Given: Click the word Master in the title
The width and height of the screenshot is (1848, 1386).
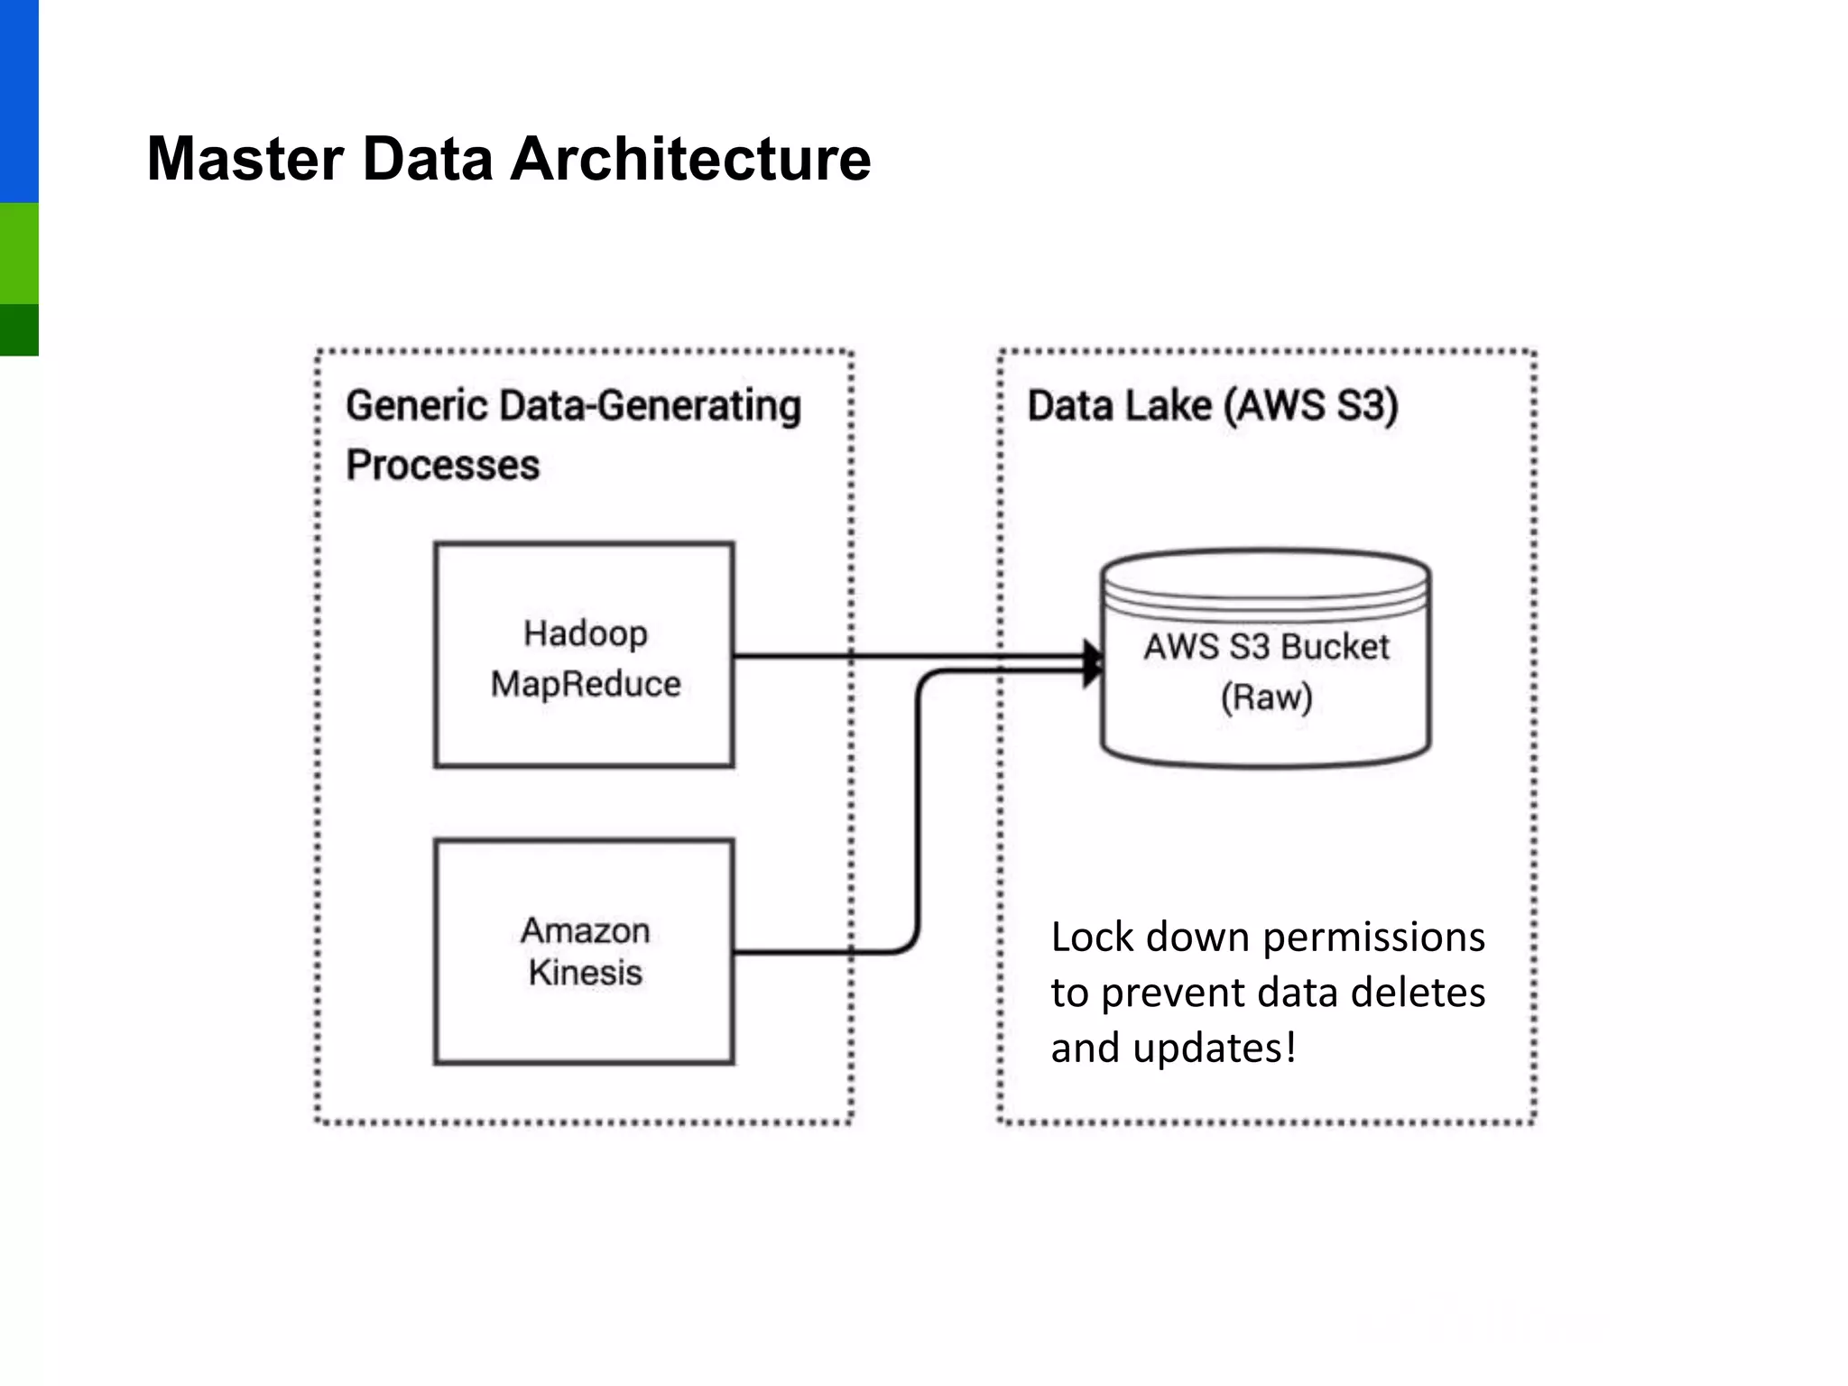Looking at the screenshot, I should pyautogui.click(x=245, y=159).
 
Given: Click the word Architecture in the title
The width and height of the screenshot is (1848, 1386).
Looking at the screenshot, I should pyautogui.click(x=690, y=159).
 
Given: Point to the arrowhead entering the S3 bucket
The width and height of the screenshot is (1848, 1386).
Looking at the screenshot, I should pyautogui.click(x=1094, y=663).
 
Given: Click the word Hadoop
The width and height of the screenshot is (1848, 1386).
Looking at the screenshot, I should pyautogui.click(x=585, y=633).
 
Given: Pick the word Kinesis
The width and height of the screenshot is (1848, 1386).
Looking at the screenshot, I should pyautogui.click(x=585, y=973).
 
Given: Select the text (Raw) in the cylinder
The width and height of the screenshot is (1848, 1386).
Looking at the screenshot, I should pyautogui.click(x=1266, y=698).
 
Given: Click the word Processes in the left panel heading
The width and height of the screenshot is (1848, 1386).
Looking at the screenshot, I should pyautogui.click(x=442, y=466).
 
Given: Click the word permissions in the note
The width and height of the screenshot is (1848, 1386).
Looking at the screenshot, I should pyautogui.click(x=1373, y=938).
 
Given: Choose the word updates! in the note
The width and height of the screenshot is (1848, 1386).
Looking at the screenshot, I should pyautogui.click(x=1215, y=1049).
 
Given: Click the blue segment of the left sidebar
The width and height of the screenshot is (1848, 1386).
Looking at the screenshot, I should pyautogui.click(x=19, y=99).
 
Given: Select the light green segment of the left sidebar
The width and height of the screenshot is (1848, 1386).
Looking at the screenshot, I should pyautogui.click(x=19, y=253).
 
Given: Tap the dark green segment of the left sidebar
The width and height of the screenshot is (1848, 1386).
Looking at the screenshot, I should pyautogui.click(x=19, y=329).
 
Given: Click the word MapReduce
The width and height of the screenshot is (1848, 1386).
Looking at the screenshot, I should pyautogui.click(x=585, y=684).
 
